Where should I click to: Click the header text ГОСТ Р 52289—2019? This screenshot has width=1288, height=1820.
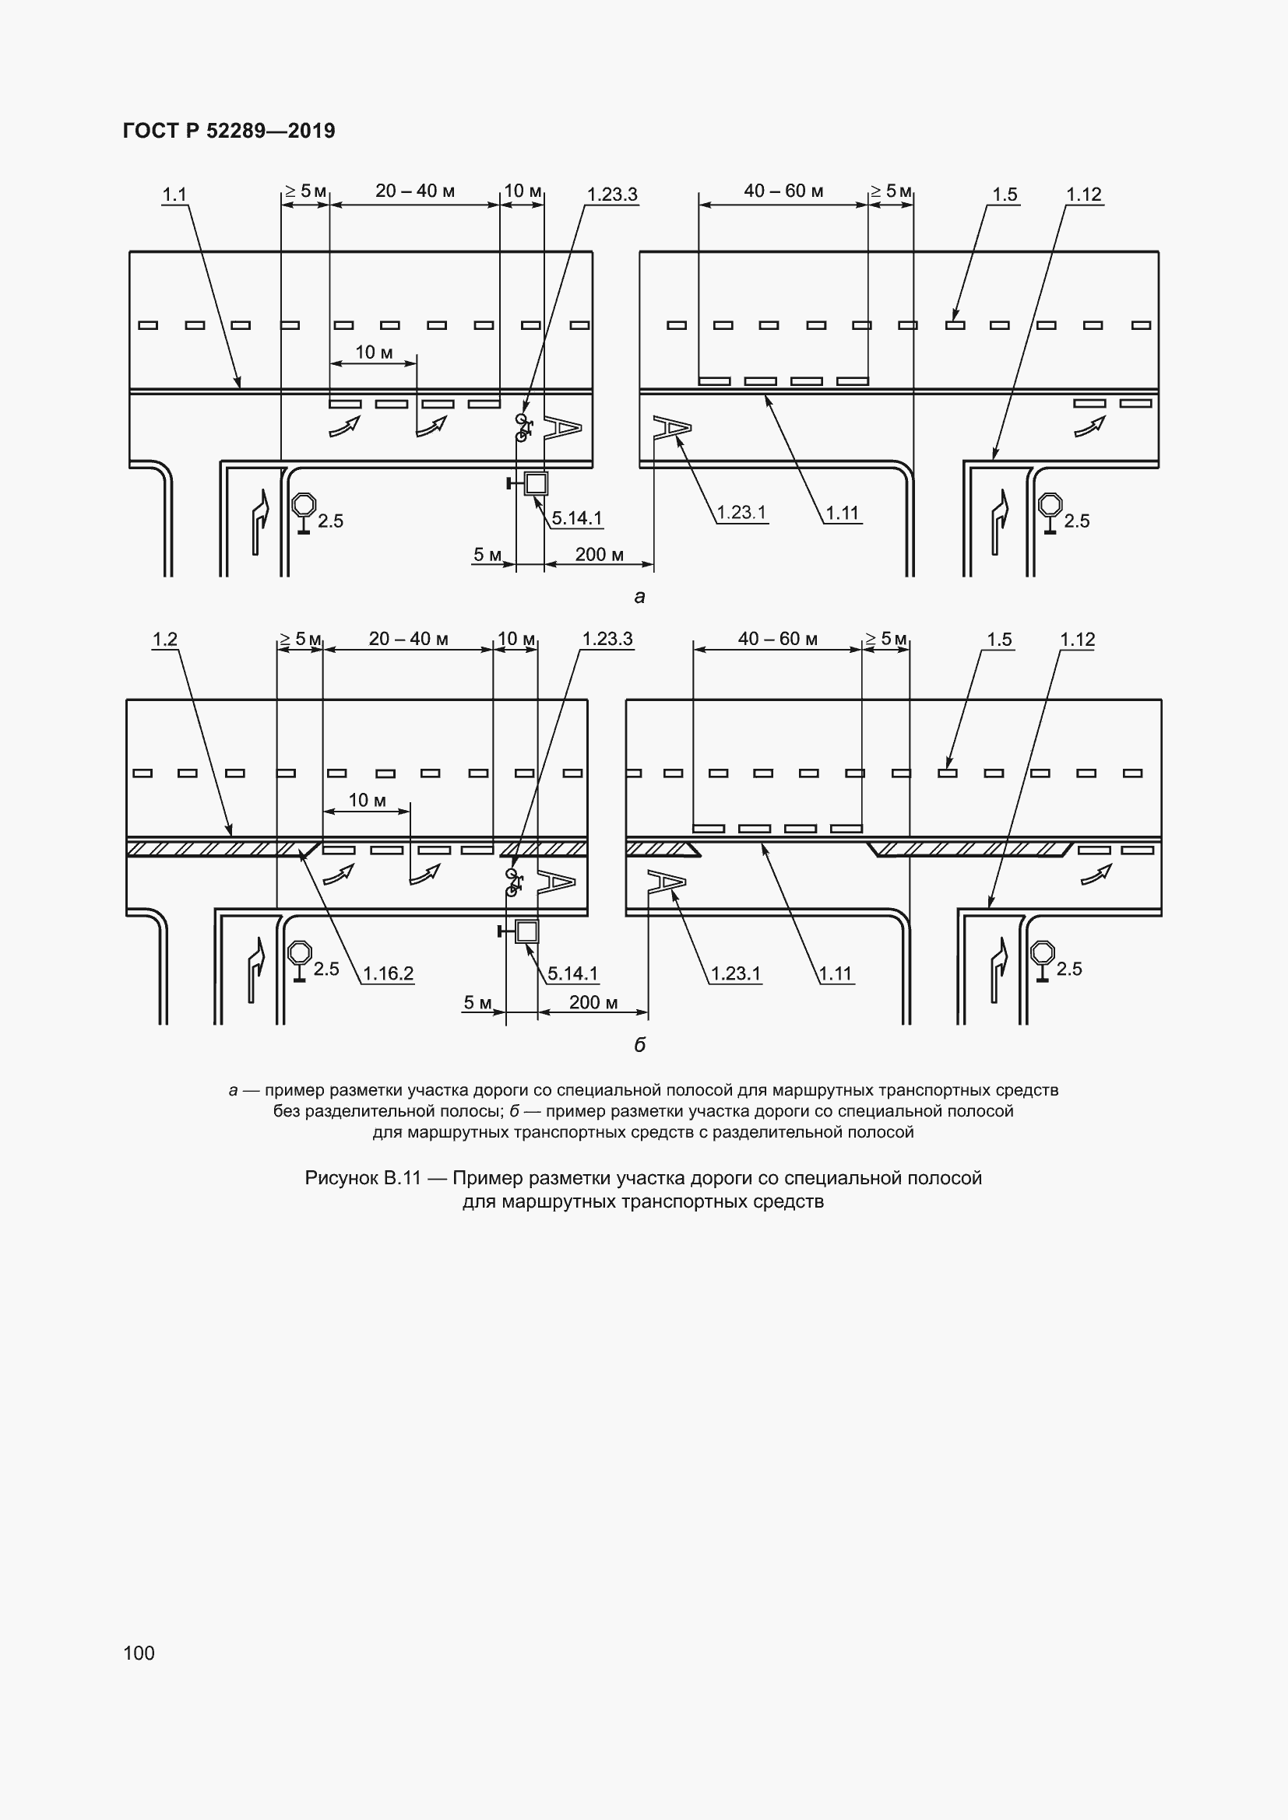(x=229, y=131)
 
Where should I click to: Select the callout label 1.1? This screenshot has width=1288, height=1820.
(x=174, y=195)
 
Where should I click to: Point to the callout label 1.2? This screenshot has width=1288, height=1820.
(x=165, y=639)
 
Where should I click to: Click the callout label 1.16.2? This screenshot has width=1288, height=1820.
(x=389, y=973)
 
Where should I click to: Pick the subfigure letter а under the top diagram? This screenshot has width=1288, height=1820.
(x=640, y=597)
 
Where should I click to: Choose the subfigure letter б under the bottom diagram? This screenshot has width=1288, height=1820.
(x=640, y=1045)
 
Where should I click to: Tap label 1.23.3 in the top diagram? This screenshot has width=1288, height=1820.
(x=612, y=195)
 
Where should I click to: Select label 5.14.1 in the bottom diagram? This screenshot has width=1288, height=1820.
(x=573, y=973)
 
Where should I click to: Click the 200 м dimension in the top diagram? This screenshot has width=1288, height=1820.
(x=600, y=554)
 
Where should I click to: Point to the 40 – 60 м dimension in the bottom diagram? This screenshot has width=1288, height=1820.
(x=777, y=639)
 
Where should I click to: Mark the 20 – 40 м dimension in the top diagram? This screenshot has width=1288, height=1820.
(x=415, y=191)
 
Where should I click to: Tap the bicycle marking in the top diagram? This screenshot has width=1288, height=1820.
(x=524, y=427)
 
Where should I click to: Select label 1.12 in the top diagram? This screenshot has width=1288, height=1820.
(x=1084, y=195)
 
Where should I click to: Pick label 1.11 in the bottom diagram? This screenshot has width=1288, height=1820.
(x=836, y=973)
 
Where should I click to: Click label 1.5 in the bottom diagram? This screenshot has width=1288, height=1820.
(x=999, y=639)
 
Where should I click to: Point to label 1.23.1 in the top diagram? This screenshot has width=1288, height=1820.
(x=741, y=513)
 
